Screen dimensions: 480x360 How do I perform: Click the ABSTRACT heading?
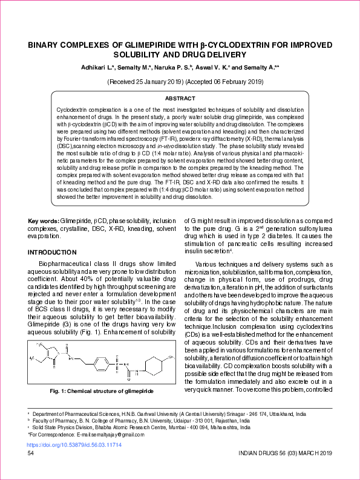(180, 98)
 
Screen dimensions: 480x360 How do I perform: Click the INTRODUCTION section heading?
(57, 251)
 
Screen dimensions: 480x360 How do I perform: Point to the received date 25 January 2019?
(150, 80)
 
